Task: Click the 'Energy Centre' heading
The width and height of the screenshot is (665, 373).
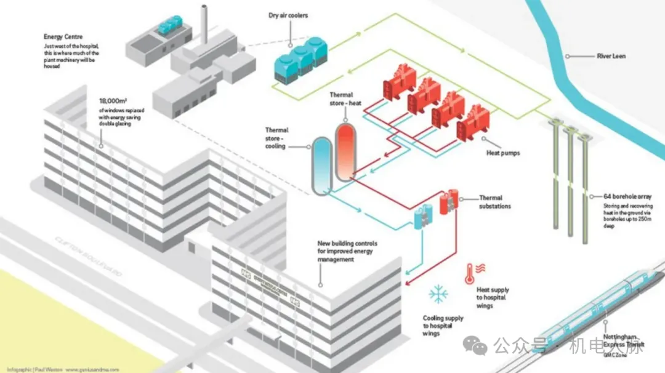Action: [64, 36]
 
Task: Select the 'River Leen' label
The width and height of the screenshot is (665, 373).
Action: [611, 56]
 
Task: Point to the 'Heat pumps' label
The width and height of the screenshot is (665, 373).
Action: [503, 152]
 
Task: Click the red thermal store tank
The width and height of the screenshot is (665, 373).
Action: [345, 151]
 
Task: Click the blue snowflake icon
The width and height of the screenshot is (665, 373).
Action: [438, 294]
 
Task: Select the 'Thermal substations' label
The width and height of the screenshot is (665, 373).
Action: [495, 202]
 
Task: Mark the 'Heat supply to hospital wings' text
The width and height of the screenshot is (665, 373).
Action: [493, 297]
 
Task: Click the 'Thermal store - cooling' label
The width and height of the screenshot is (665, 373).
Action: [276, 138]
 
